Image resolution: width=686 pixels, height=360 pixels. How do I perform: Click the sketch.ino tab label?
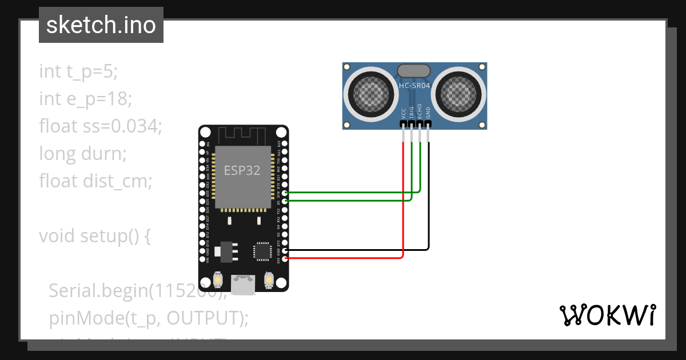(x=101, y=25)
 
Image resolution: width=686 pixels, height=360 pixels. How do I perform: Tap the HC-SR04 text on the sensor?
(x=414, y=85)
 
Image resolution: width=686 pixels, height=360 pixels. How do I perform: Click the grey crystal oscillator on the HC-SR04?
(x=414, y=70)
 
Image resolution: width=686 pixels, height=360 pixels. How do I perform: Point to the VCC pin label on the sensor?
(x=404, y=113)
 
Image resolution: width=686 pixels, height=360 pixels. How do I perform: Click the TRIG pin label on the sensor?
(x=412, y=112)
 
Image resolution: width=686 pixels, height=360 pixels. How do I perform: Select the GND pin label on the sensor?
(x=428, y=112)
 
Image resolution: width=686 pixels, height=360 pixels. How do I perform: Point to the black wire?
(x=429, y=217)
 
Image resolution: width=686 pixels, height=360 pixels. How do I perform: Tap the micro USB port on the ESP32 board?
(x=244, y=284)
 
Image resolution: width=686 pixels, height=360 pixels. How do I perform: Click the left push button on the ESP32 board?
(x=218, y=280)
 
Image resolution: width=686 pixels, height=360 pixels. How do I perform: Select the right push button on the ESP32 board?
(x=269, y=280)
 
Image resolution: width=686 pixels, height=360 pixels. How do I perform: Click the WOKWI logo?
(x=607, y=315)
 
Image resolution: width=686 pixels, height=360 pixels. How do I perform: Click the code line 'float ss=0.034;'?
(x=101, y=126)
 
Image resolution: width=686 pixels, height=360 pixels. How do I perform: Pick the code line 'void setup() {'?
(x=94, y=235)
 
